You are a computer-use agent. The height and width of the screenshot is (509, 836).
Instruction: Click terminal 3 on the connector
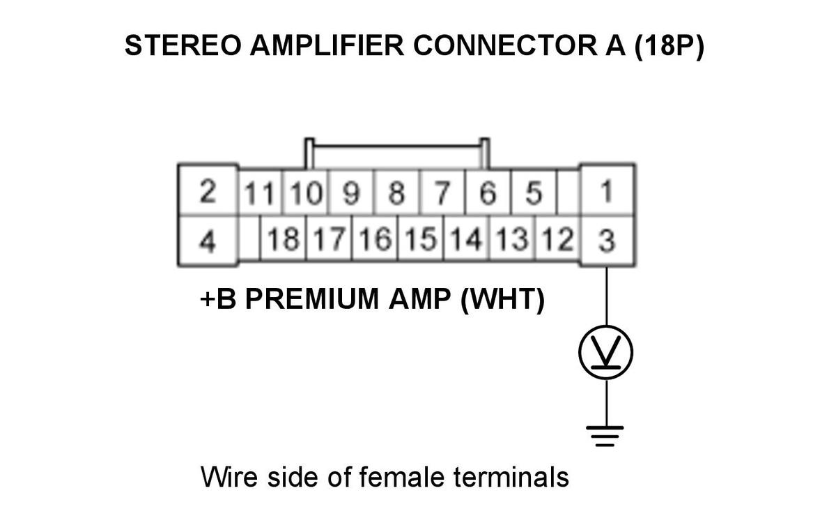[x=607, y=241]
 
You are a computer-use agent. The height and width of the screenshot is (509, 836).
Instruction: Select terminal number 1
[x=607, y=190]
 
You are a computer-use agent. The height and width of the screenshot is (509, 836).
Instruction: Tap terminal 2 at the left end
[x=208, y=190]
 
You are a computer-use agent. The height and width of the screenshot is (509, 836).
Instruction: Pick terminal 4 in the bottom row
[x=208, y=241]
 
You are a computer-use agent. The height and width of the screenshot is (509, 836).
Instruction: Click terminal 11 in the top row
[x=260, y=192]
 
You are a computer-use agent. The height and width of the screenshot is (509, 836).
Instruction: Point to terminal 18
[x=284, y=238]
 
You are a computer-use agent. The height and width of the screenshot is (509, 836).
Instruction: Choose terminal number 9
[x=351, y=192]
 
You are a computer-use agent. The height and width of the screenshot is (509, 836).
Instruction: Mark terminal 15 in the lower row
[x=421, y=238]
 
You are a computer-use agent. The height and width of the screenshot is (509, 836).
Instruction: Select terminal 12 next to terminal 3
[x=558, y=238]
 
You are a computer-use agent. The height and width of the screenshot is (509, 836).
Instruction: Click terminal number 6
[x=488, y=192]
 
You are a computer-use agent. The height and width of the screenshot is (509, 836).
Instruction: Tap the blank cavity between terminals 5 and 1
[x=568, y=192]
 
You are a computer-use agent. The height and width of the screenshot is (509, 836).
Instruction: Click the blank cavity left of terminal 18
[x=249, y=238]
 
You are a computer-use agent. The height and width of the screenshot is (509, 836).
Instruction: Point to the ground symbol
[x=605, y=436]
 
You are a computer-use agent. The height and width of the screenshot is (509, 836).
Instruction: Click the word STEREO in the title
[x=183, y=45]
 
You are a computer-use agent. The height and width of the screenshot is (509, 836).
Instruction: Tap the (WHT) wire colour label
[x=503, y=300]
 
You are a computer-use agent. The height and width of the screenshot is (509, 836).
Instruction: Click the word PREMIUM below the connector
[x=311, y=300]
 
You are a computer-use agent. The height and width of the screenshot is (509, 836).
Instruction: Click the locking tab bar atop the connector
[x=397, y=146]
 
